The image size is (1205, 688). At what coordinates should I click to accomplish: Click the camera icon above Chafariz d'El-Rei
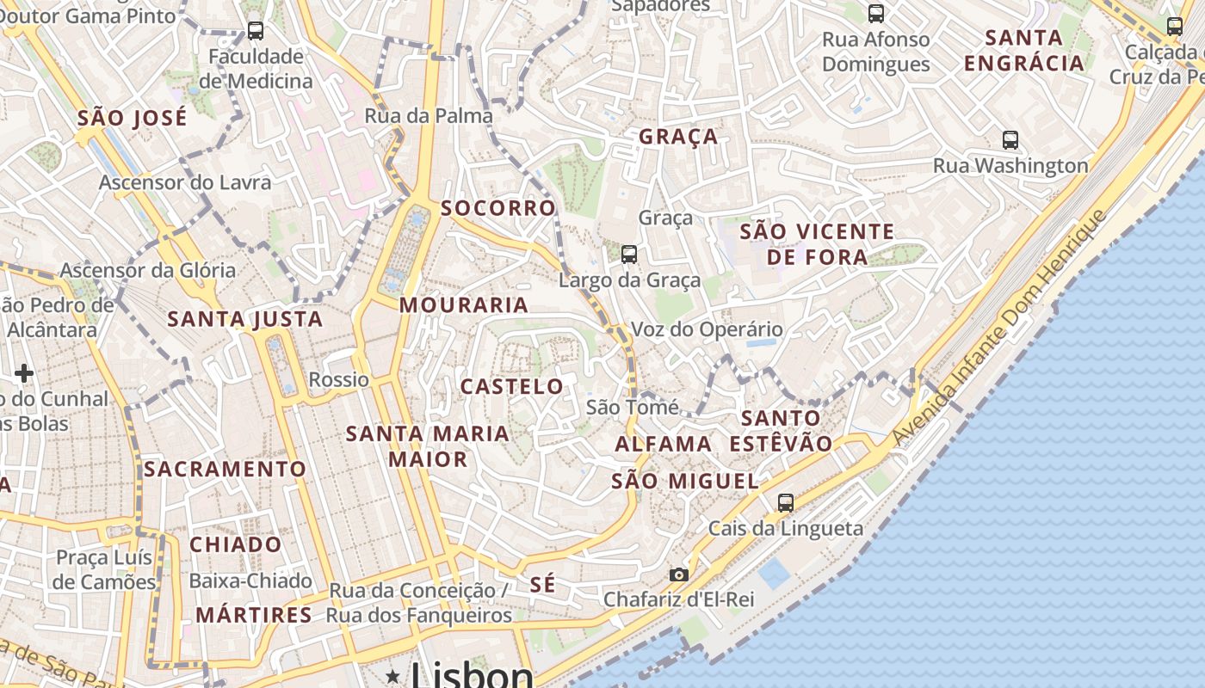click(679, 574)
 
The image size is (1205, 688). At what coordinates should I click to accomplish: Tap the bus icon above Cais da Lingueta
click(785, 502)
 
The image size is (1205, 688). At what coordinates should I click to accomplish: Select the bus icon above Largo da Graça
click(629, 254)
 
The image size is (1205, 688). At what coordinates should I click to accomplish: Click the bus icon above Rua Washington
click(1010, 139)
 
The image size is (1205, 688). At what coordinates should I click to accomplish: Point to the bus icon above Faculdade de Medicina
click(256, 31)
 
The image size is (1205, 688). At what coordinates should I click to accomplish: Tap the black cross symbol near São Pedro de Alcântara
click(24, 373)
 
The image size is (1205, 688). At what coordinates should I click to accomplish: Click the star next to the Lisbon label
click(393, 676)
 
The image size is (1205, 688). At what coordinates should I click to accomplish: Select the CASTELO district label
click(512, 386)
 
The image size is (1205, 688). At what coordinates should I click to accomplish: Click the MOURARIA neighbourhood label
click(464, 304)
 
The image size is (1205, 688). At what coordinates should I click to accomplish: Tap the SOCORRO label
click(498, 207)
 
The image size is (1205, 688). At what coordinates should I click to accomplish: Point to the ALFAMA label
click(663, 444)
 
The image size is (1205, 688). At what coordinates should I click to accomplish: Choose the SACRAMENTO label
click(225, 469)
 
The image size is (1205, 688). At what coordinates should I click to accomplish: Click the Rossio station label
click(338, 379)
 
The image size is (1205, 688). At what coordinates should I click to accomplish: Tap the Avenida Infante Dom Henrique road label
click(998, 328)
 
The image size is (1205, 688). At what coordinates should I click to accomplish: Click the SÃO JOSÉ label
click(132, 118)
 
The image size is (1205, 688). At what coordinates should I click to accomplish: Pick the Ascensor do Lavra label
click(185, 182)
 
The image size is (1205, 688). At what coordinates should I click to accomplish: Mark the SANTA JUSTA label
click(245, 319)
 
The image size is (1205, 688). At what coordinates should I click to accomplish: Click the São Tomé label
click(633, 407)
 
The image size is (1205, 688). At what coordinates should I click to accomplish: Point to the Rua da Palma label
click(429, 115)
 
